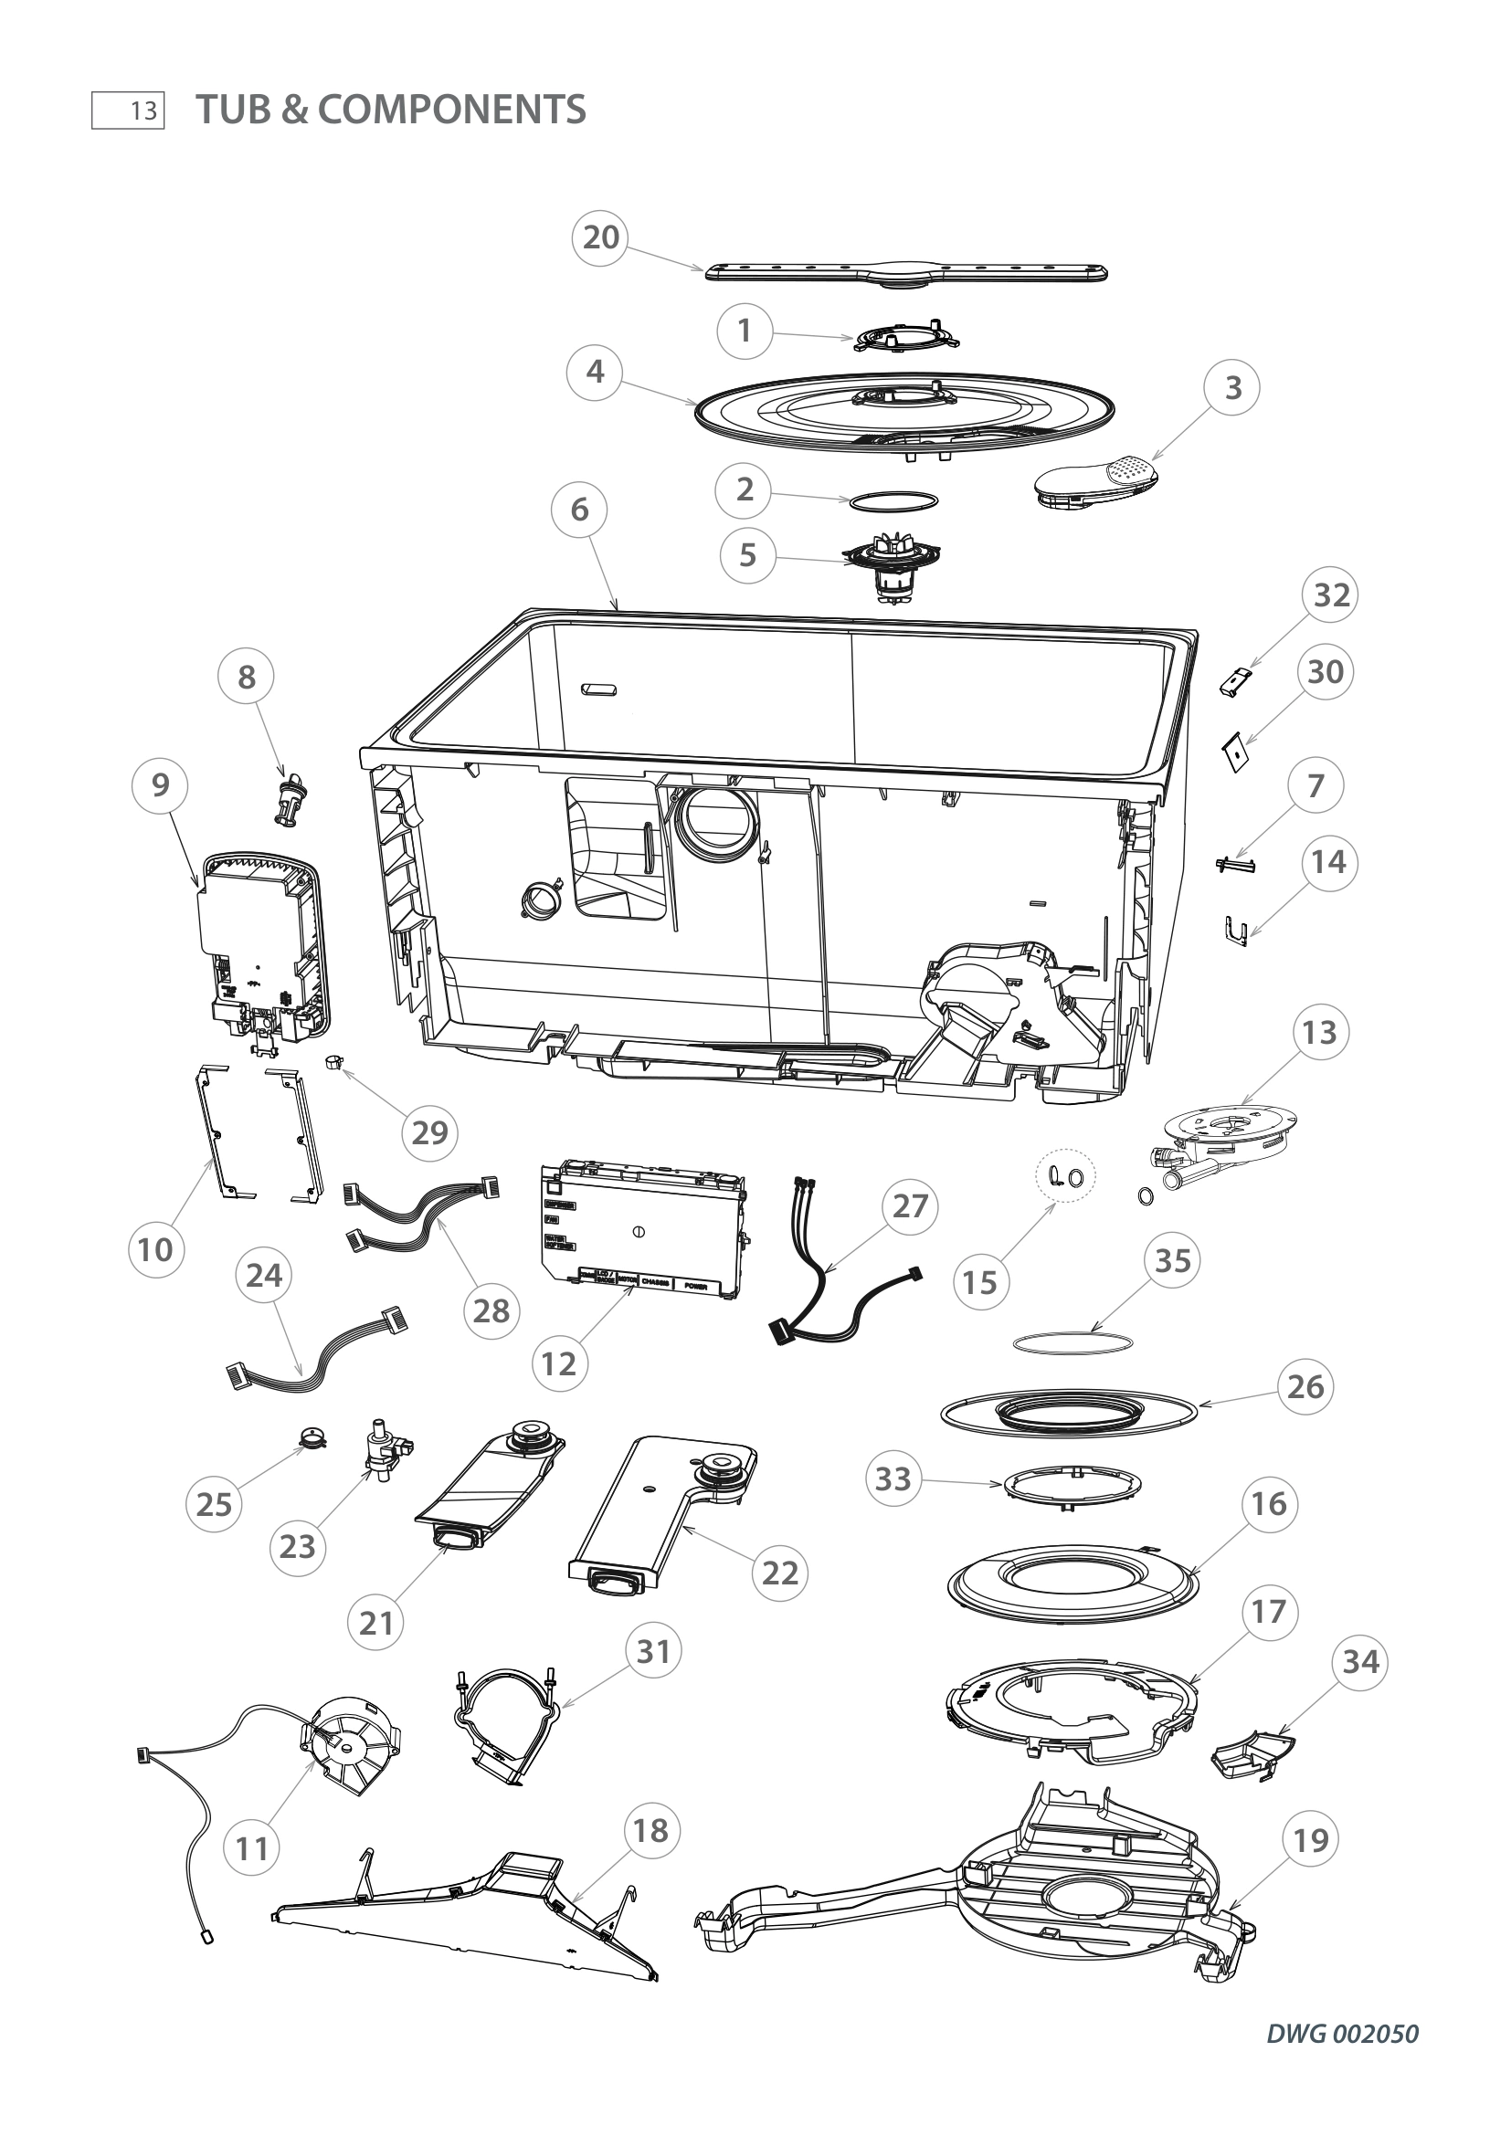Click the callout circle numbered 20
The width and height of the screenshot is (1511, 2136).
(600, 237)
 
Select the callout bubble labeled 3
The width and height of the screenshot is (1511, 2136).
(1232, 388)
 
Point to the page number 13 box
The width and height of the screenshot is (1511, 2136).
(129, 110)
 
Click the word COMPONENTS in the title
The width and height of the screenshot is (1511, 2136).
(451, 110)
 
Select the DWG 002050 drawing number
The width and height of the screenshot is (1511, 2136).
(1343, 2034)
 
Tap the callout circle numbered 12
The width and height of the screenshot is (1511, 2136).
(559, 1364)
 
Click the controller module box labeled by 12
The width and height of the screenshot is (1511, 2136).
(642, 1230)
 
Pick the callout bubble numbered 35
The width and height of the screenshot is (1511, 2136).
(1172, 1261)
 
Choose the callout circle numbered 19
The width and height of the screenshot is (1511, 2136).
(1311, 1840)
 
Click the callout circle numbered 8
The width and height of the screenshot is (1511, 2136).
(247, 678)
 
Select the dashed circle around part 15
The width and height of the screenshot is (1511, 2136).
(1066, 1177)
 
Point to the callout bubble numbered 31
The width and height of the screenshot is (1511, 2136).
(653, 1651)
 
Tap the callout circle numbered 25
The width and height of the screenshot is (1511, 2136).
(214, 1504)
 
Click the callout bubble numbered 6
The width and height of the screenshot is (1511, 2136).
(580, 510)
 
